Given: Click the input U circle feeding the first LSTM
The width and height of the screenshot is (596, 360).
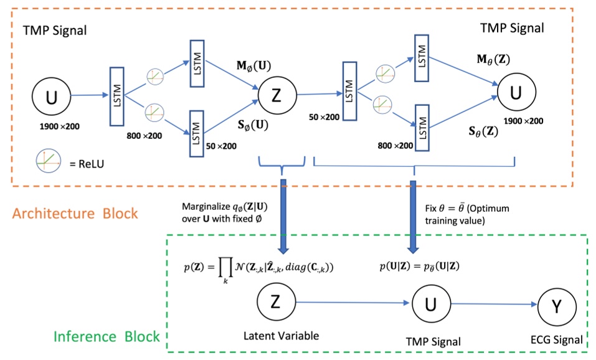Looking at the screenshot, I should [x=50, y=97].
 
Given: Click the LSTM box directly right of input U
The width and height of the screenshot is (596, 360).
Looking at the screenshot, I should [x=118, y=97].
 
